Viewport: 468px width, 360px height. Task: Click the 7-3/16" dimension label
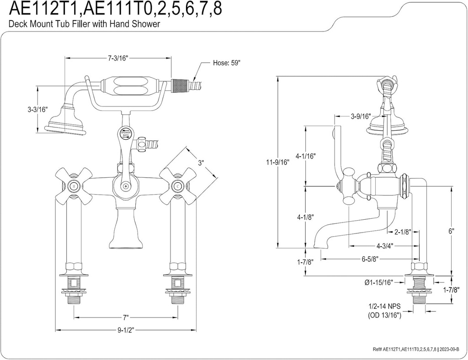pos(118,58)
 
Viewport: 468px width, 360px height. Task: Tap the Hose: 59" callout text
pos(227,63)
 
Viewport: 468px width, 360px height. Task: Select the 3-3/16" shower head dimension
pos(37,109)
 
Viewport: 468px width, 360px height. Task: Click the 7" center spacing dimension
pos(126,317)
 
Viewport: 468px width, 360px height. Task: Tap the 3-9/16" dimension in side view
pos(361,116)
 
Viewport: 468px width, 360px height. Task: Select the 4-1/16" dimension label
pos(306,156)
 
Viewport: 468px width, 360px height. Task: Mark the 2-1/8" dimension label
pos(402,232)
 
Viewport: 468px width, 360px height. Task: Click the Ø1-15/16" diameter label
pos(379,283)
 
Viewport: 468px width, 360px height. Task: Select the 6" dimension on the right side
pos(451,231)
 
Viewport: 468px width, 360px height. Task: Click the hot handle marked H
pos(73,186)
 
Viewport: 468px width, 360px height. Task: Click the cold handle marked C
pos(177,186)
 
